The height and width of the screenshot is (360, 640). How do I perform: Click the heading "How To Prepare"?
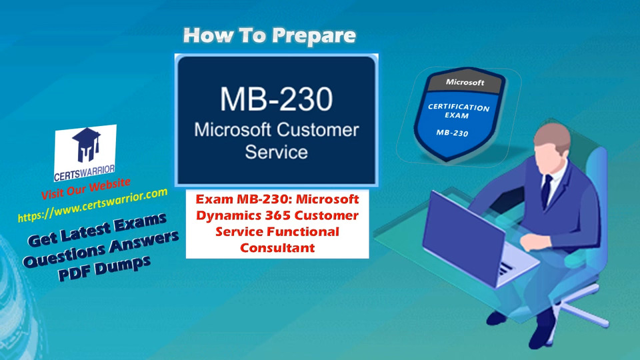269,35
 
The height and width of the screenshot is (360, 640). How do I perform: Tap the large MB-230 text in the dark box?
276,99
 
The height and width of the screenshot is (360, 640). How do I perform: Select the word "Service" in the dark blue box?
276,152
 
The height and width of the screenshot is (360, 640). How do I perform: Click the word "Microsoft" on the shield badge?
465,82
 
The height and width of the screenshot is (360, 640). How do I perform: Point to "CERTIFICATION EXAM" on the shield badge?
458,111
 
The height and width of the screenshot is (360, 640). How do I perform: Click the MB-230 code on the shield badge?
452,133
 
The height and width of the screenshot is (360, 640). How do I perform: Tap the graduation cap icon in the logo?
87,145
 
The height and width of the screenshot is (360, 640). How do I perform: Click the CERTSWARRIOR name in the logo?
85,173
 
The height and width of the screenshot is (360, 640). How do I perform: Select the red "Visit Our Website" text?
86,189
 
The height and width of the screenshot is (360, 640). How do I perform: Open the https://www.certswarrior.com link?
93,205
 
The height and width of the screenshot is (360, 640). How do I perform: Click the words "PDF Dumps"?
105,268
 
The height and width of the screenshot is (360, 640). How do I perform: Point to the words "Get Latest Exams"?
97,230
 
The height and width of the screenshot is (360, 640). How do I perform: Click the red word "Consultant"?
277,248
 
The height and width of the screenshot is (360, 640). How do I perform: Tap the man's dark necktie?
546,191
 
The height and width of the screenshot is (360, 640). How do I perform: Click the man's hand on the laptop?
531,243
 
